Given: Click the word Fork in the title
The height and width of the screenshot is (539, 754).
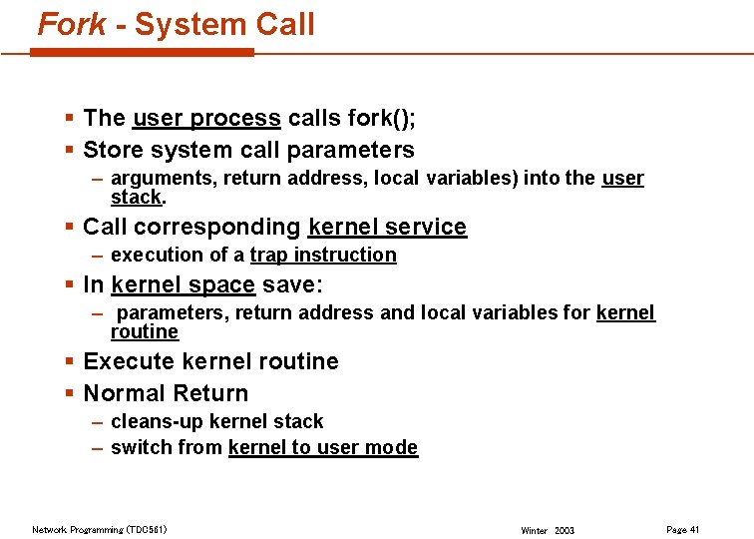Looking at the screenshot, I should tap(72, 23).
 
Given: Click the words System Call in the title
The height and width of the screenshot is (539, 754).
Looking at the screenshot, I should tap(224, 23).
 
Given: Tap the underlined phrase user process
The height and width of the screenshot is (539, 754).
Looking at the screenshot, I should tap(206, 119).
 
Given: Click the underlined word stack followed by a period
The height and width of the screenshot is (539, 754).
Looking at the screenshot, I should tap(136, 197).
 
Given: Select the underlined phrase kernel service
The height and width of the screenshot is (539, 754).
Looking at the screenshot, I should tap(387, 228).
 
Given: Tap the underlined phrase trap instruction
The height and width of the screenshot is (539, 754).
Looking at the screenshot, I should tap(323, 256).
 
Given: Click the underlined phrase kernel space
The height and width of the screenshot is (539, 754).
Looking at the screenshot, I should tap(184, 285).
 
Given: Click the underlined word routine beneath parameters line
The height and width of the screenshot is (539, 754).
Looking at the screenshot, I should tap(145, 331).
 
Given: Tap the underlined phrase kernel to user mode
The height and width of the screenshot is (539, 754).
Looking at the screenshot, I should tap(323, 448).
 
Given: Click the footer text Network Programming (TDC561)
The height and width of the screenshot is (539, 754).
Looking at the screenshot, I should tap(99, 529).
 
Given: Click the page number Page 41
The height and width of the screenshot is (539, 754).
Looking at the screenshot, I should tap(682, 529).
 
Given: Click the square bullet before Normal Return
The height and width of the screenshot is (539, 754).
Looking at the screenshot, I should tap(69, 393).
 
